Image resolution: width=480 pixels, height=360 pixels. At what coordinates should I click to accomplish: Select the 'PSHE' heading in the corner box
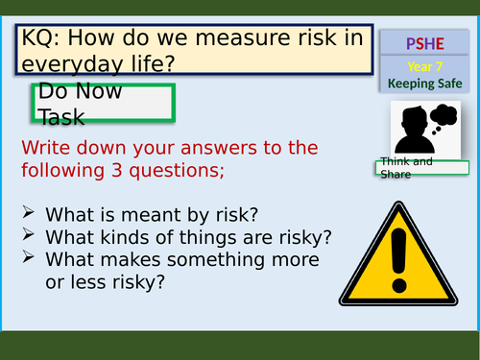(423, 44)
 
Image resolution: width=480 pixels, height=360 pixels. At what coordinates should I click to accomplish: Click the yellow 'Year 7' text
(423, 67)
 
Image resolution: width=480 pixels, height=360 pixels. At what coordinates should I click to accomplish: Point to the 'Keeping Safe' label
(423, 84)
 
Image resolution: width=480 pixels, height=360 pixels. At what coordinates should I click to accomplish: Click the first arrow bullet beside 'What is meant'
(29, 212)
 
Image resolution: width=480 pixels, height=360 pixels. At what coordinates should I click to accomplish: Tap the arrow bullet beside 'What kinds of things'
(29, 234)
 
